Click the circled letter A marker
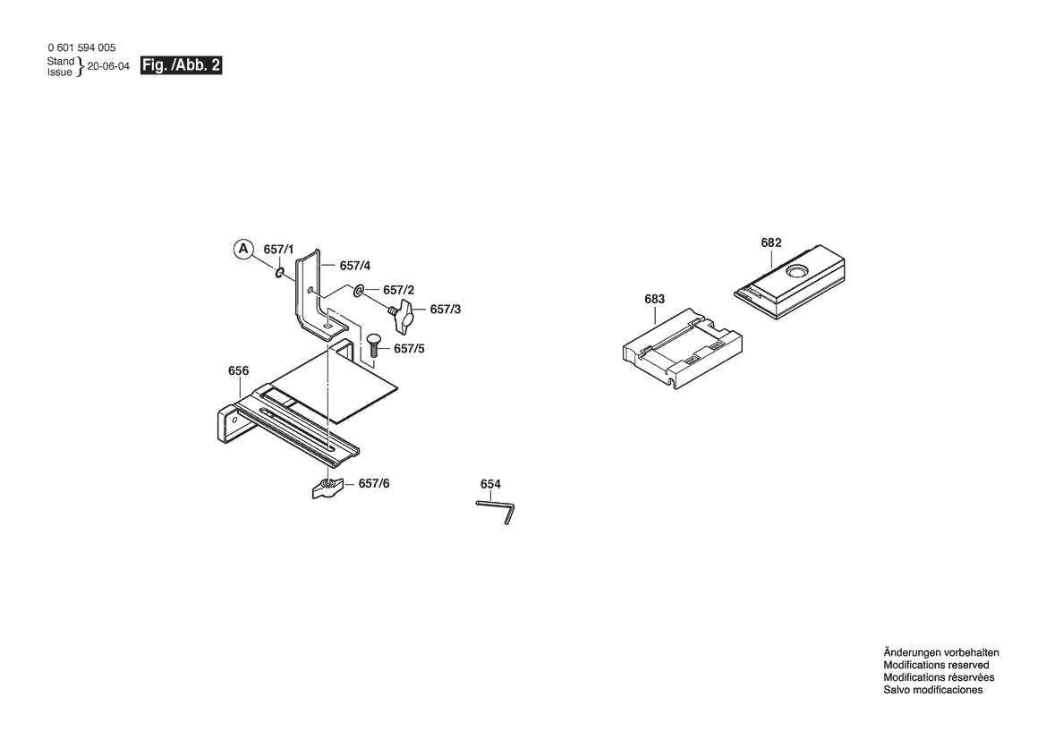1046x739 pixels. (243, 249)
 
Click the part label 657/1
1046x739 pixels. (278, 250)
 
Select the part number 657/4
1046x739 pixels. (355, 266)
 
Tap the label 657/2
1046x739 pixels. (398, 290)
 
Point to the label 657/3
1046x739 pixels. (445, 310)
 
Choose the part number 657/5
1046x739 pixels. (409, 349)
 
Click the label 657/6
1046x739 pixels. (374, 483)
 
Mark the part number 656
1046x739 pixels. (238, 370)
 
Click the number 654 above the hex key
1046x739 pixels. (490, 484)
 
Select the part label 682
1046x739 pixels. (771, 242)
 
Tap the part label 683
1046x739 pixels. (654, 300)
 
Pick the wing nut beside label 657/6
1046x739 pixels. (327, 488)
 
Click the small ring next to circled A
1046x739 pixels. (280, 272)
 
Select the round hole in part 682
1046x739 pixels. (795, 271)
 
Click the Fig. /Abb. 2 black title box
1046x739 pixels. (181, 65)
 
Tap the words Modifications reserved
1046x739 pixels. (936, 665)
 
